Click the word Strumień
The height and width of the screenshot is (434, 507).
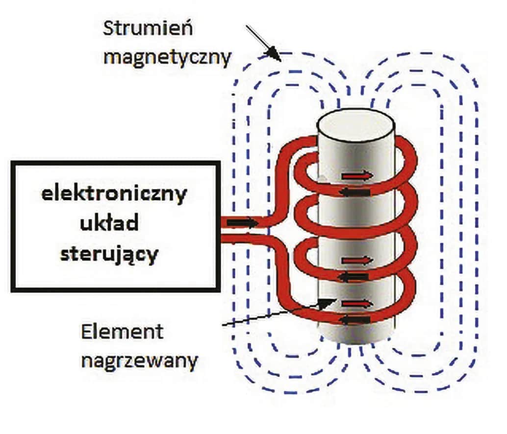tap(148, 28)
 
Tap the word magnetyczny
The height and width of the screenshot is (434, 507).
tap(167, 58)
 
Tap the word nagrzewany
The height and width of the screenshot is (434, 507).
tap(140, 362)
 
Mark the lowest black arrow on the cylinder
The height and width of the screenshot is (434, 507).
tap(354, 320)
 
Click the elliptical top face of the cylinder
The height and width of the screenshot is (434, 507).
tap(356, 126)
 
